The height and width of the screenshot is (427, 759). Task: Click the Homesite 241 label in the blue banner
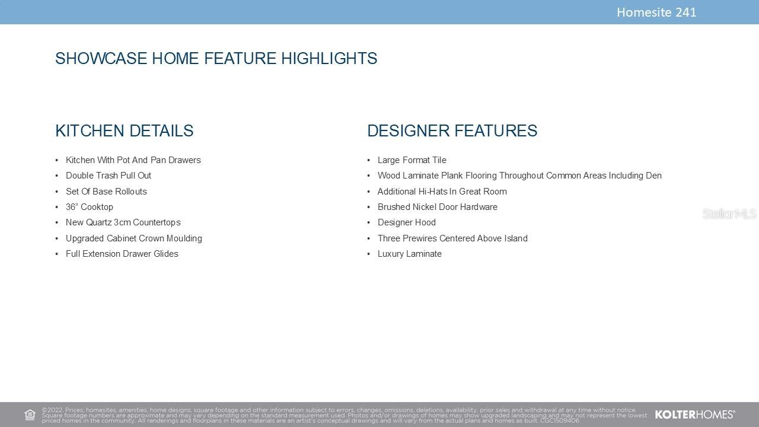coord(656,12)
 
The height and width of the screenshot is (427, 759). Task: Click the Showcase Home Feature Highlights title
coord(216,58)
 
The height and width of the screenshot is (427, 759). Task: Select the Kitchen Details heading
coord(125,131)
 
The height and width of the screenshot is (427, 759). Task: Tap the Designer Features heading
coord(452,131)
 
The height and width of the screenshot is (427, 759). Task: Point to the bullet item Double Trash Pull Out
coord(109,176)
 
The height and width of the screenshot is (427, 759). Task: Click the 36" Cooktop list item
coord(90,207)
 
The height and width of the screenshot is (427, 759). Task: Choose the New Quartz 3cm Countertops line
coord(123,222)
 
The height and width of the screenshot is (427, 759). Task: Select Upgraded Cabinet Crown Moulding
coord(134,238)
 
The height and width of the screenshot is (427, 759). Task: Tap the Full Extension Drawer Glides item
coord(122,254)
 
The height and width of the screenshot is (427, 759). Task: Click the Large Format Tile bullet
coord(412,160)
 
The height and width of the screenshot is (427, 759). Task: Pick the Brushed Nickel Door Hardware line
coord(438,207)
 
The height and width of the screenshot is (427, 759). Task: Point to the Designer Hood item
coord(407,222)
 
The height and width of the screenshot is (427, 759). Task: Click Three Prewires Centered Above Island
coord(452,238)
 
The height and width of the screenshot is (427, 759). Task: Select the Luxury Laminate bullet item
coord(410,254)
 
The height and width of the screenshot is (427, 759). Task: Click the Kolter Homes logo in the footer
coord(695,415)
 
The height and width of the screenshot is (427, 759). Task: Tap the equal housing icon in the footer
coord(30,415)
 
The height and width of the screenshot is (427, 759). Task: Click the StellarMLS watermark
coord(729,214)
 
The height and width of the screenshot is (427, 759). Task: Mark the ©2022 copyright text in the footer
coord(53,410)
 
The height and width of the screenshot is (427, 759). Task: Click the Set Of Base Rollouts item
coord(106,192)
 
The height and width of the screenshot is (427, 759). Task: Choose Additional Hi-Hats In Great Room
coord(442,192)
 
